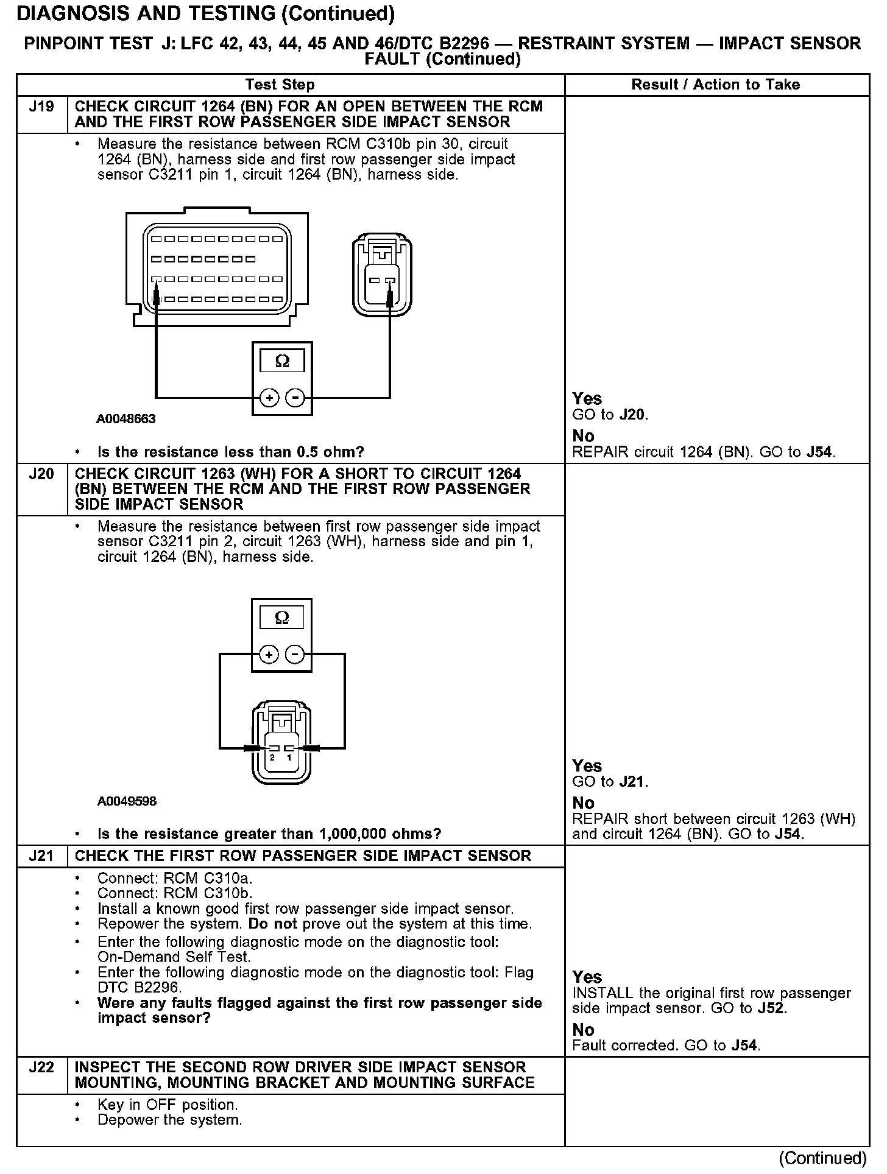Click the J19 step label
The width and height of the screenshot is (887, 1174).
click(x=41, y=107)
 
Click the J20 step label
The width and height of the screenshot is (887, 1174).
click(x=41, y=474)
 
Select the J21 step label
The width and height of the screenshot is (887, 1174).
click(x=41, y=856)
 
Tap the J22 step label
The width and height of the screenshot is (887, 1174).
click(x=41, y=1067)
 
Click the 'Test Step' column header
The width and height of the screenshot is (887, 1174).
click(x=280, y=85)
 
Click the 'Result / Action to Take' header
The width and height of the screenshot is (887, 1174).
click(x=715, y=85)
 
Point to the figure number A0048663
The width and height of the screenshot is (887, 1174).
click(x=125, y=419)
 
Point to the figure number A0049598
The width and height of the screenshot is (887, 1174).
click(x=127, y=801)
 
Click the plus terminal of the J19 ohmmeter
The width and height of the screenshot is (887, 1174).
click(x=269, y=398)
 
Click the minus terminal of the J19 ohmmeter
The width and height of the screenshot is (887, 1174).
click(x=295, y=398)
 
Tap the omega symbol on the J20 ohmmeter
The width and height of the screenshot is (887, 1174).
click(x=282, y=618)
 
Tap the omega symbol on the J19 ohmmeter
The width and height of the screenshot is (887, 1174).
click(x=282, y=361)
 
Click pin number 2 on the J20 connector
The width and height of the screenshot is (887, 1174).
click(x=272, y=757)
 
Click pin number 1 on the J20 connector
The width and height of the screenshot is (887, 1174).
click(x=289, y=757)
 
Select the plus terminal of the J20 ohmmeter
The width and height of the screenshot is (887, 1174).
click(x=269, y=655)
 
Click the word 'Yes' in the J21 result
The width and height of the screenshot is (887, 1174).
click(x=587, y=977)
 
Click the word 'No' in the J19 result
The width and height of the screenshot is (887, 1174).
click(x=583, y=436)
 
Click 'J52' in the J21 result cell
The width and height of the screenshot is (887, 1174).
click(x=772, y=1008)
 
